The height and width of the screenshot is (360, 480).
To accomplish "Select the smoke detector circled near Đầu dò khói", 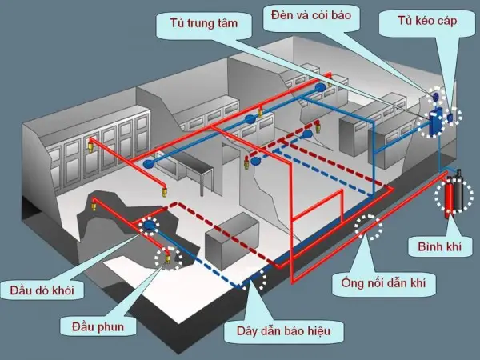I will point(150,227).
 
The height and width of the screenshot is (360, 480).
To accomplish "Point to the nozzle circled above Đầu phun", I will point(169,257).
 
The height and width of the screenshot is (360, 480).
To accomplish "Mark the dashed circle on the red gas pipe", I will point(369,228).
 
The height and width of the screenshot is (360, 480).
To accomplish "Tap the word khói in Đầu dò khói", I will point(66,289).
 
